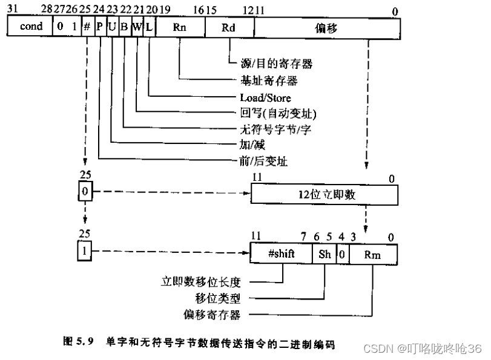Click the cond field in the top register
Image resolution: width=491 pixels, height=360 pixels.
(31, 27)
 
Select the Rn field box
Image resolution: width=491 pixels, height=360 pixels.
(180, 27)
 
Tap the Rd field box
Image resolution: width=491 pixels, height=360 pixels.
(229, 27)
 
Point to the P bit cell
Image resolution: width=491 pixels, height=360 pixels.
(100, 27)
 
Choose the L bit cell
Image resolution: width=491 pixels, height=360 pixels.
(149, 27)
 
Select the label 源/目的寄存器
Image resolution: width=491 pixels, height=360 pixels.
(272, 63)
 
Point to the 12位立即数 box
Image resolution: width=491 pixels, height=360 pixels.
(325, 195)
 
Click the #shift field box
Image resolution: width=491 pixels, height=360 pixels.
(281, 254)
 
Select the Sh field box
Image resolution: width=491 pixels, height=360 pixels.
(325, 254)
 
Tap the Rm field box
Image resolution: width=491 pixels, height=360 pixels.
(373, 254)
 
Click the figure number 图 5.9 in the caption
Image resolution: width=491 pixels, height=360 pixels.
(77, 342)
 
